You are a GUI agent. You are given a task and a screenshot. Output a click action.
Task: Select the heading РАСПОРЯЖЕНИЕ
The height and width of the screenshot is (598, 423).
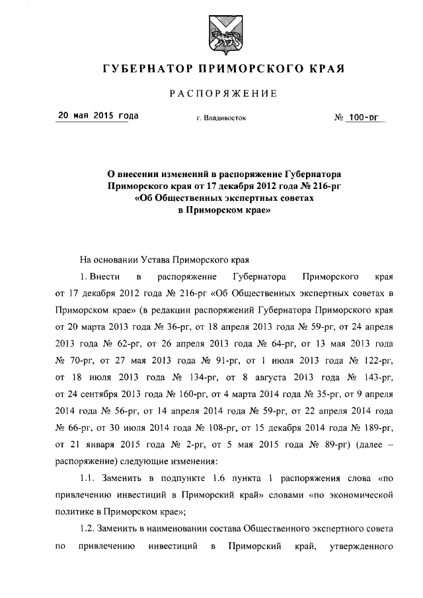click(223, 93)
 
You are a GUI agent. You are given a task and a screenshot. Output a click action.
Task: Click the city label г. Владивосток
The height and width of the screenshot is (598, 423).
click(221, 119)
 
